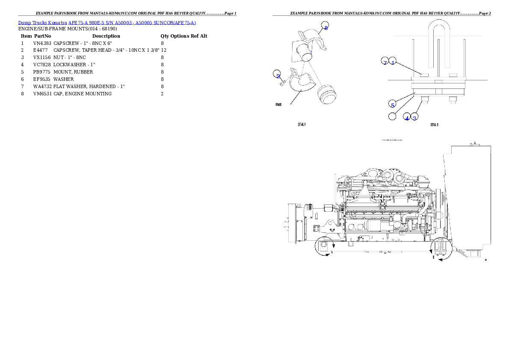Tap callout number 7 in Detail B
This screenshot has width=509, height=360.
[x=385, y=62]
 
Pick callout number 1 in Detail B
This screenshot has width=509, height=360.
[x=393, y=62]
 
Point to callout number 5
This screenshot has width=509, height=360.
[x=392, y=104]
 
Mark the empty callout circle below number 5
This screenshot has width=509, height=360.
[x=392, y=116]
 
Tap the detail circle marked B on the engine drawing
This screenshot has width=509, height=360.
[x=441, y=249]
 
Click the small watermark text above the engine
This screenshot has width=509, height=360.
[x=391, y=140]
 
